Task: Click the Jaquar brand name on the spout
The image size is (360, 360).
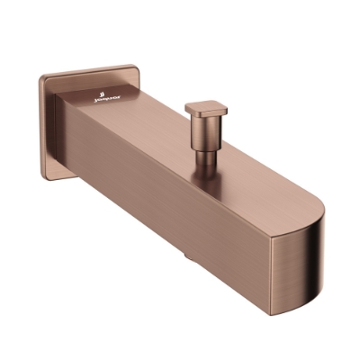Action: click(x=106, y=101)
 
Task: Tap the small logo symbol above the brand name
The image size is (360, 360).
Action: click(x=105, y=93)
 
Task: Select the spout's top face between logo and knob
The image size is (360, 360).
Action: click(x=153, y=126)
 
